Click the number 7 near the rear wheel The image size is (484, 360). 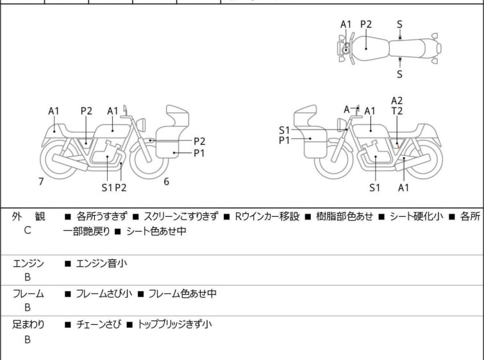click(x=41, y=182)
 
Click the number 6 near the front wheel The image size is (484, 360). click(x=166, y=182)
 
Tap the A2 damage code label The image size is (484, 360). click(x=397, y=100)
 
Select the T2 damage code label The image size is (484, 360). click(x=397, y=111)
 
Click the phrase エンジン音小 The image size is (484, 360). click(x=101, y=262)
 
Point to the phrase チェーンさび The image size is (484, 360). click(x=97, y=324)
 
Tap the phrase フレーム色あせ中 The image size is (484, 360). click(x=182, y=293)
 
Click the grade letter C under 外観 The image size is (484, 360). click(x=28, y=230)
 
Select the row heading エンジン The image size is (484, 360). click(x=28, y=262)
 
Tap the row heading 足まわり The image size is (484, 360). click(x=28, y=324)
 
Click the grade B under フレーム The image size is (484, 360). click(x=28, y=308)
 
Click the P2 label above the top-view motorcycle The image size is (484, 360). click(x=366, y=24)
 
